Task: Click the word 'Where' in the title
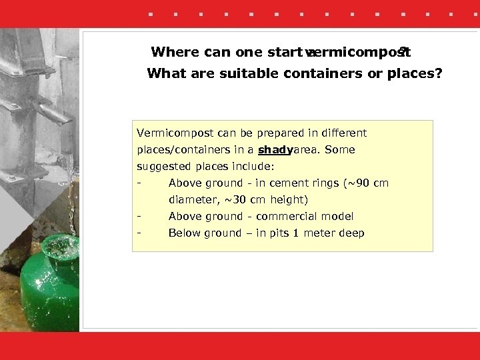click(175, 52)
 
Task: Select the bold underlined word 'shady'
click(275, 150)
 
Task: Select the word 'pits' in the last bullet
click(280, 233)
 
